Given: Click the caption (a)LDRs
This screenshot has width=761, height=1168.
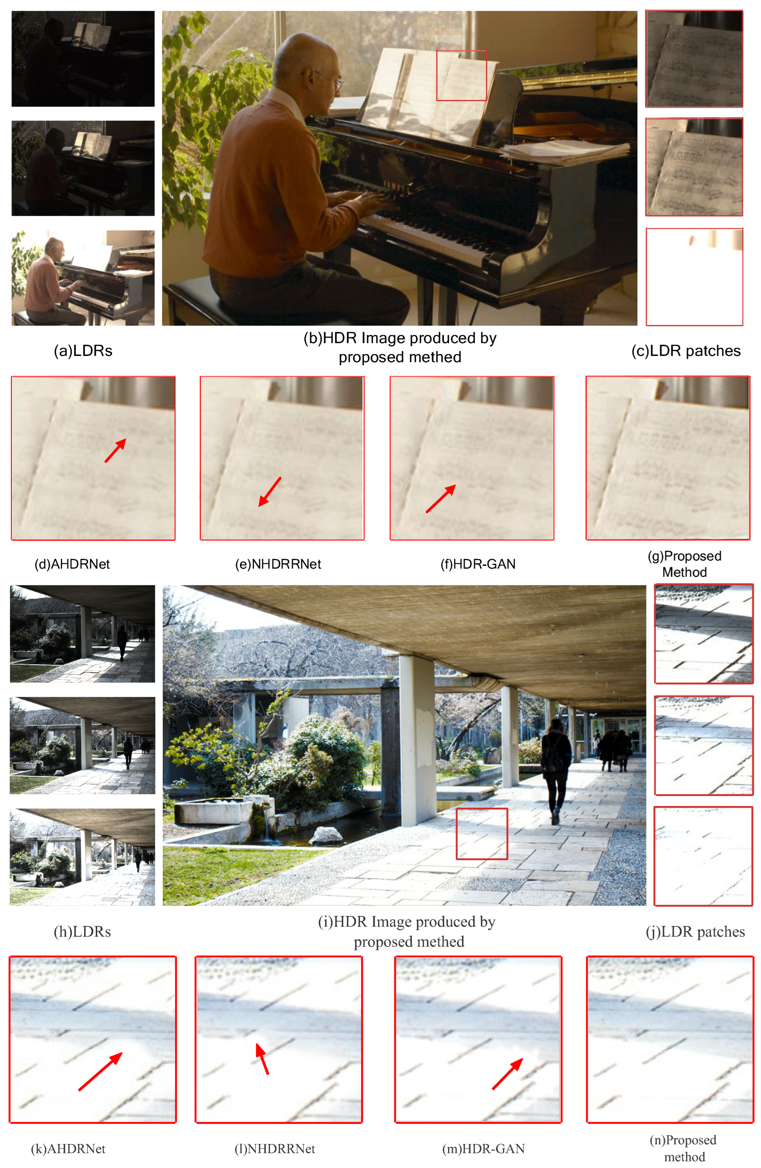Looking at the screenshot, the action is [x=83, y=351].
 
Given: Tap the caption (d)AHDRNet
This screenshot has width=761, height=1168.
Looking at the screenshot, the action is [x=72, y=564].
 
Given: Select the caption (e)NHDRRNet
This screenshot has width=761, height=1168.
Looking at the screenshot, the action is [x=278, y=564].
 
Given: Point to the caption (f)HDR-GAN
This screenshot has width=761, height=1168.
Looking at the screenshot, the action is [x=478, y=564].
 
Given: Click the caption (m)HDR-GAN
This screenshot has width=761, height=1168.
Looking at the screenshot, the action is [x=484, y=1148].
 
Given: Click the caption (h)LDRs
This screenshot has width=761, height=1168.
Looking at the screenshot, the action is [x=82, y=932].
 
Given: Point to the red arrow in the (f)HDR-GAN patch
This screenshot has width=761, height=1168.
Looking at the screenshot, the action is [x=441, y=498].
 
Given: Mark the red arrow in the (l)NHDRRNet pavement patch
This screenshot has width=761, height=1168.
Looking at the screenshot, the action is [x=262, y=1059].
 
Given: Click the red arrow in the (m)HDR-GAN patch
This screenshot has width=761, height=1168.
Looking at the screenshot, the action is [x=507, y=1074].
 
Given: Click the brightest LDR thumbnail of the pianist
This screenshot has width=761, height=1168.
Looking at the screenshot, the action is [x=83, y=278].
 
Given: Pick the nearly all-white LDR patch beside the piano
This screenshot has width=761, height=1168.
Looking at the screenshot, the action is [x=694, y=277].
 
